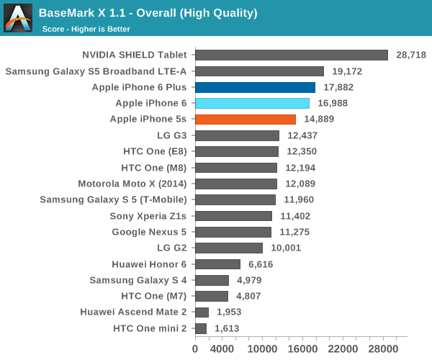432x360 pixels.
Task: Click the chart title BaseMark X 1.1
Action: coord(148,13)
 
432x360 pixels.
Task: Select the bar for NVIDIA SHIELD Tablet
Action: coord(292,55)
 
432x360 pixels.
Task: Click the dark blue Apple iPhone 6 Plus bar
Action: coord(255,87)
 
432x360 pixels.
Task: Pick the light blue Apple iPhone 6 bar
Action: coord(252,103)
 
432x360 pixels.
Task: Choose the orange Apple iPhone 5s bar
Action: coord(245,119)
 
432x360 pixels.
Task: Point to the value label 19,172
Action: coord(348,71)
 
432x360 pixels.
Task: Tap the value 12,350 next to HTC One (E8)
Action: coord(303,151)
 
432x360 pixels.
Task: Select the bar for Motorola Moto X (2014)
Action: coord(235,184)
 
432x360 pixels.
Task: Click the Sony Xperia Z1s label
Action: coord(148,216)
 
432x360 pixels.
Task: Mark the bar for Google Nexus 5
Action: coord(233,232)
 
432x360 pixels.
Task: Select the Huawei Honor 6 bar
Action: coord(217,264)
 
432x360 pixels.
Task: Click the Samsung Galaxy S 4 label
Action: coord(138,280)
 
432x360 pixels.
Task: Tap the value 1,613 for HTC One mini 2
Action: coord(227,328)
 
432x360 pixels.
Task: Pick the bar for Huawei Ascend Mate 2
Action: coord(202,312)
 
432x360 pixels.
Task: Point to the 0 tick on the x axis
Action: coord(195,348)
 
